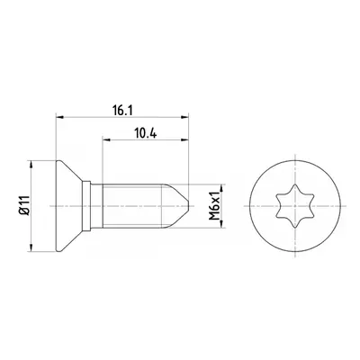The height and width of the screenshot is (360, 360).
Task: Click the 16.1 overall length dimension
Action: [122, 111]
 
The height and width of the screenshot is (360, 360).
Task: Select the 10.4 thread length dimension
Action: [146, 133]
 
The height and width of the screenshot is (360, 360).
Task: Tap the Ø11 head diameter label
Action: [25, 205]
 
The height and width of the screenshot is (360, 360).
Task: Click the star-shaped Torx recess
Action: [295, 206]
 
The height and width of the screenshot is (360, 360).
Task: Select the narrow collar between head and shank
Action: [86, 206]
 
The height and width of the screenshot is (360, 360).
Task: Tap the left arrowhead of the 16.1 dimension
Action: [60, 117]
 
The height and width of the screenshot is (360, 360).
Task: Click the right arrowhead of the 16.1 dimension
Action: [184, 117]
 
